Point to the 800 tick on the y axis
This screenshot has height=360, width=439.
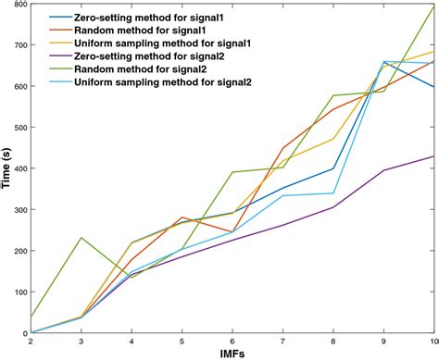[x=18, y=6]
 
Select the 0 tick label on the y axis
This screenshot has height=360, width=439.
[x=23, y=333]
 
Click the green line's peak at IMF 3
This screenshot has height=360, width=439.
[x=82, y=238]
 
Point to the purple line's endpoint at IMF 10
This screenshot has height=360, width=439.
[x=433, y=156]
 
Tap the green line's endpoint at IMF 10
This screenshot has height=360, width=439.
[x=433, y=6]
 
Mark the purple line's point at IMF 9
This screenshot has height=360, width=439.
[x=383, y=170]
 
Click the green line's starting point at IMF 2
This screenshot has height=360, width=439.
[x=31, y=317]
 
